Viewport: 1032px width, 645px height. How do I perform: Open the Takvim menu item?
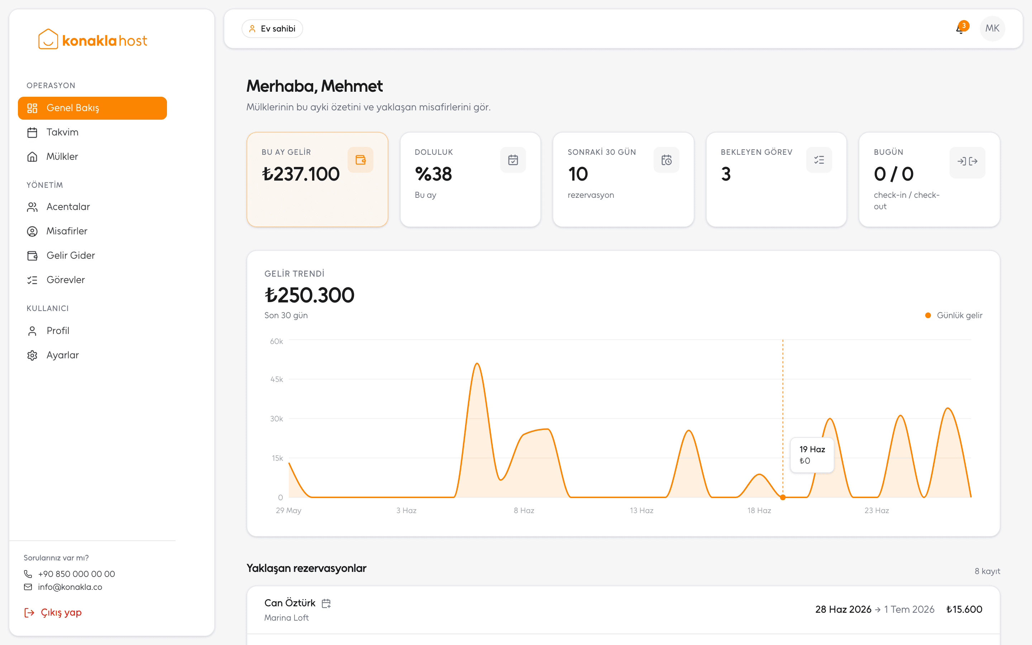click(62, 132)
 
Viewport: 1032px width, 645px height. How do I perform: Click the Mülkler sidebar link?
click(62, 157)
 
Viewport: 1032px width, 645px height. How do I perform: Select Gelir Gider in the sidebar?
click(70, 255)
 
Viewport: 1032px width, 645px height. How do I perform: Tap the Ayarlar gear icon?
click(32, 355)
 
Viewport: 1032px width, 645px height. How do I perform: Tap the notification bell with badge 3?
click(960, 29)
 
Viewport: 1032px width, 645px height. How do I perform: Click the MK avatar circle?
click(992, 29)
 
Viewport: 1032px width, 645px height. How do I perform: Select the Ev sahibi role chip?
click(272, 29)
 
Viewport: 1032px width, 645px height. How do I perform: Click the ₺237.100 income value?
click(301, 174)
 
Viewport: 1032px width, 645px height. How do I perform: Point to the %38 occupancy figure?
click(433, 174)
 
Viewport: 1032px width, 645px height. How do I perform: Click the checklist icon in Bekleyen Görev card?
click(819, 160)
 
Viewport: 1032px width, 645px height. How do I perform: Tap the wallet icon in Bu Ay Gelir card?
click(360, 160)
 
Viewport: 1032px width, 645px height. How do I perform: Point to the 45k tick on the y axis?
click(277, 379)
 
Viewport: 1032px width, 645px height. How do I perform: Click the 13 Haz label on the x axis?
click(641, 511)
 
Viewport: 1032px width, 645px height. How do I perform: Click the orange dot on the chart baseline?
click(783, 497)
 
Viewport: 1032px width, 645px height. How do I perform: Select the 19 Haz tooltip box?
click(812, 455)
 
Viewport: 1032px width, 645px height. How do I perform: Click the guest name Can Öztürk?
click(290, 603)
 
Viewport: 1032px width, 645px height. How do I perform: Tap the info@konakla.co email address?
click(70, 587)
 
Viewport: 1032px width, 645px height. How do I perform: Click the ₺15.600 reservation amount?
click(964, 610)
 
